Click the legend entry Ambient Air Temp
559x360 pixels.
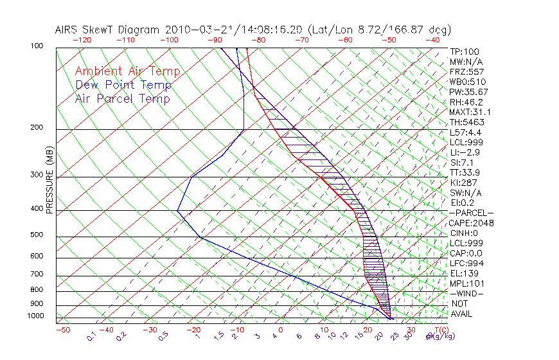(x=127, y=72)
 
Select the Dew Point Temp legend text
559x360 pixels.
(x=123, y=85)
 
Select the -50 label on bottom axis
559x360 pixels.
(x=62, y=330)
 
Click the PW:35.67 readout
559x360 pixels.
(x=468, y=92)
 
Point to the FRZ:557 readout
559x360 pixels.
(x=466, y=72)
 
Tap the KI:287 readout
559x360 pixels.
(x=464, y=183)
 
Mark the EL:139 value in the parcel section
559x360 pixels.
(x=464, y=273)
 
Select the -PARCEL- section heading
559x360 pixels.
(x=471, y=213)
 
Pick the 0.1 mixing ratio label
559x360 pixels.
(x=92, y=336)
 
